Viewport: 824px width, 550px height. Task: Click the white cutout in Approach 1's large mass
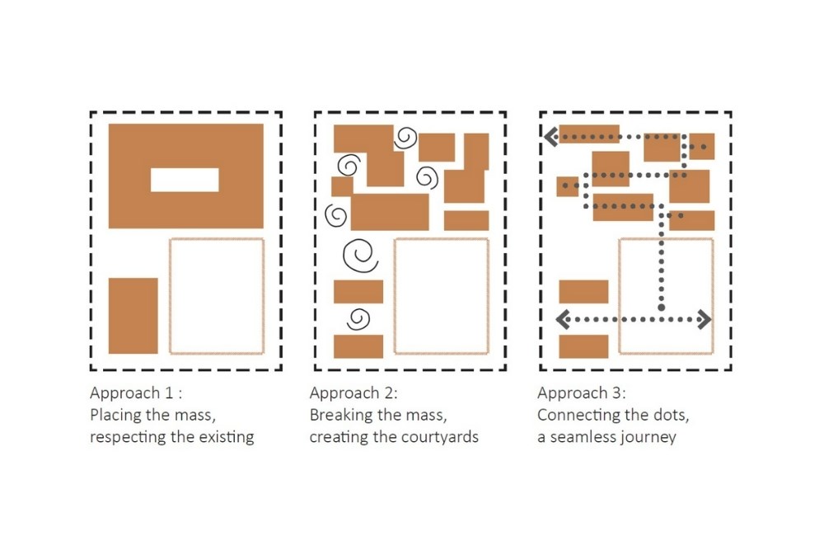tap(185, 180)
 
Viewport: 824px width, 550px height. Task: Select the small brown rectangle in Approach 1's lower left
tap(133, 316)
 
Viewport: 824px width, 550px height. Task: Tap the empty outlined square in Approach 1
tap(217, 296)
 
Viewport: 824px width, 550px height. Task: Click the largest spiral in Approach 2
tap(360, 255)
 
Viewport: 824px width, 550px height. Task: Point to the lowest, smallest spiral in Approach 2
tap(358, 317)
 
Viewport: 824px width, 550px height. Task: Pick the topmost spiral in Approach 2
tap(405, 139)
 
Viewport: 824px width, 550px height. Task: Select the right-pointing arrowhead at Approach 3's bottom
tap(704, 319)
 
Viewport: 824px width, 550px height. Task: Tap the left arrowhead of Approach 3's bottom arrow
tap(564, 319)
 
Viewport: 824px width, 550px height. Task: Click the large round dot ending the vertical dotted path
tap(661, 308)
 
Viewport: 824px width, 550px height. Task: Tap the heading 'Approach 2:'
tap(353, 393)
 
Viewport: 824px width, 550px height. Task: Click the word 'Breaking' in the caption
tap(339, 415)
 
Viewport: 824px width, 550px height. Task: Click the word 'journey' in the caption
tap(649, 437)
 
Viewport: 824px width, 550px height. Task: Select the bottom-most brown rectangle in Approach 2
tap(358, 346)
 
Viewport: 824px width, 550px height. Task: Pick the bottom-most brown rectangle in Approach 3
tap(583, 346)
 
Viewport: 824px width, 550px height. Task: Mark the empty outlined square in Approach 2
tap(442, 296)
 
